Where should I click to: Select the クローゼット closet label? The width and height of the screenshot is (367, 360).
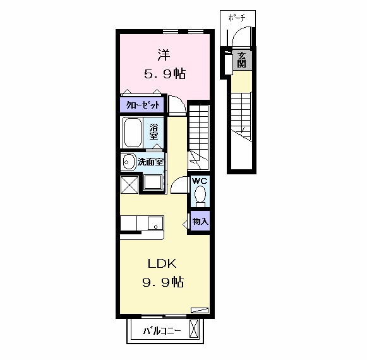[142, 105]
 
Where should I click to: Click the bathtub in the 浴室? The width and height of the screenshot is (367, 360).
[133, 133]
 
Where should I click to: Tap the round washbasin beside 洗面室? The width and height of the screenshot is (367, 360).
[128, 160]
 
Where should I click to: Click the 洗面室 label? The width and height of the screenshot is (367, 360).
[151, 162]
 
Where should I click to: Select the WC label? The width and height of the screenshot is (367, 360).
[200, 181]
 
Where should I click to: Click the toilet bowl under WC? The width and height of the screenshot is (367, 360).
[200, 196]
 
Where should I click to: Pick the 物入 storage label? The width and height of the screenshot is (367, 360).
[200, 222]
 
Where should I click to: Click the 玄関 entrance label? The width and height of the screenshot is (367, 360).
[241, 61]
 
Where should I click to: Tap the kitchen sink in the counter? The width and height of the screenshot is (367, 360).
[153, 223]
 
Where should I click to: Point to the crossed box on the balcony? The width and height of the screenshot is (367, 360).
[194, 328]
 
